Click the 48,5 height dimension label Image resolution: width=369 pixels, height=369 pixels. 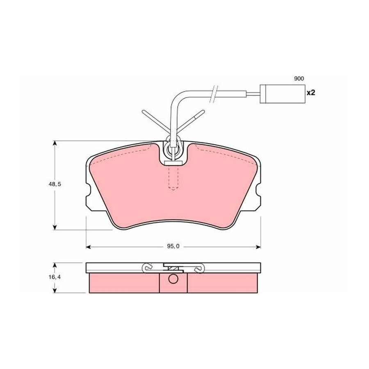55,184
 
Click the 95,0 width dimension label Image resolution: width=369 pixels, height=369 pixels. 173,246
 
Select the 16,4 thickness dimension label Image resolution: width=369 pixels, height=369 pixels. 55,277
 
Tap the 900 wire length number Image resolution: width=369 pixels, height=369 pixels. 299,79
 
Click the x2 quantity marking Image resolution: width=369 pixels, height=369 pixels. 311,93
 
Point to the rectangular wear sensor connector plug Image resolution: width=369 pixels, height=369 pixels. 282,94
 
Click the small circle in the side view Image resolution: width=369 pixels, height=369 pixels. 173,279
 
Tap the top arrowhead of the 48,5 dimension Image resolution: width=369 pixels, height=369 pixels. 55,143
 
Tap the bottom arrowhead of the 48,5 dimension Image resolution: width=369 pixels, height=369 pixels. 55,227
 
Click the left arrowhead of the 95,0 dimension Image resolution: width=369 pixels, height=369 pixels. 89,247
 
